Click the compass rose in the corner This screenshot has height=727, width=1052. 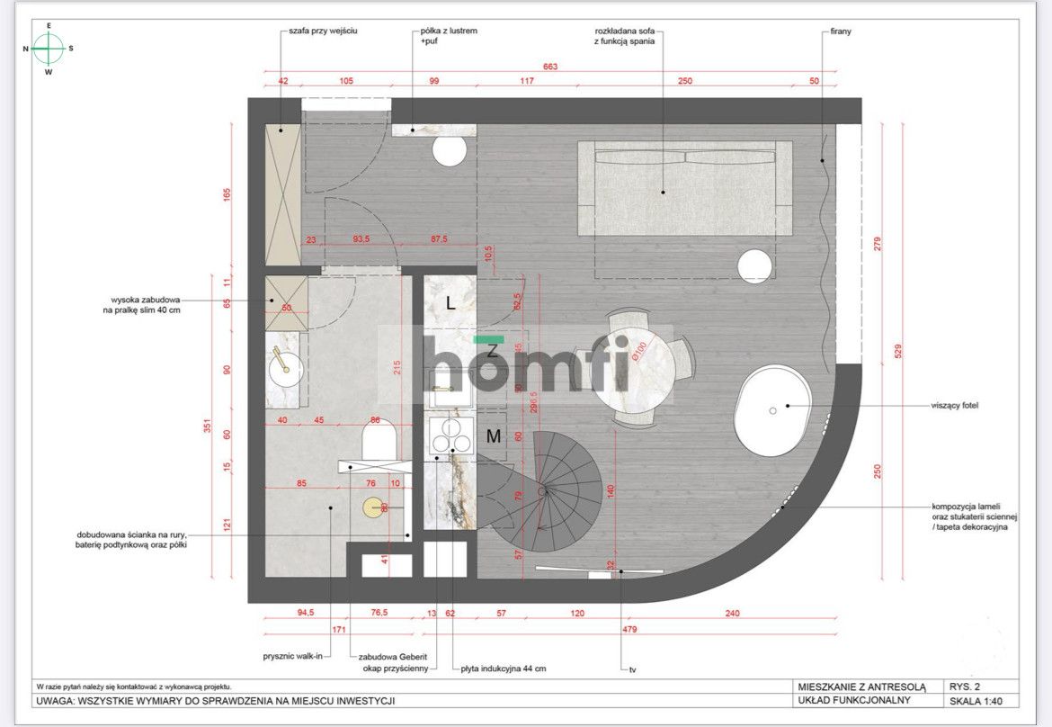click(49, 49)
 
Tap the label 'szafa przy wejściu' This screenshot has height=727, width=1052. click(323, 31)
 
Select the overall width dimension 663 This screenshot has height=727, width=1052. click(550, 67)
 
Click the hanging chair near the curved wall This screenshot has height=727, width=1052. click(774, 409)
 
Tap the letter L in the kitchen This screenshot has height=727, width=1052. click(450, 304)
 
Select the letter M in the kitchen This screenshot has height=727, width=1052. click(494, 437)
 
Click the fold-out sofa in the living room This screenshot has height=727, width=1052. click(684, 187)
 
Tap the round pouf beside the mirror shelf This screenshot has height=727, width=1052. click(450, 151)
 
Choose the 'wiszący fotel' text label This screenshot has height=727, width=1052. click(954, 406)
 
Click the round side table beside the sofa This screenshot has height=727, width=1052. click(755, 265)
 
